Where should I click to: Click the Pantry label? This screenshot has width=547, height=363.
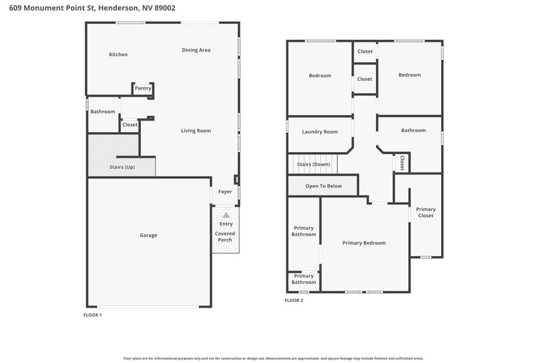coord(143,88)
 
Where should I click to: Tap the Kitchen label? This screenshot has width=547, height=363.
coord(118,55)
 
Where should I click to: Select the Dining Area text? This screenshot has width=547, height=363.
coord(196,50)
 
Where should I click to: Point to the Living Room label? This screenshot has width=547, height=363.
coord(196,131)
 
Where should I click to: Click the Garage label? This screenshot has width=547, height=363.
coord(148,235)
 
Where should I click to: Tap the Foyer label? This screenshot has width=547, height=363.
coord(225,192)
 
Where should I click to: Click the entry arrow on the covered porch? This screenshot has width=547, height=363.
coord(226,215)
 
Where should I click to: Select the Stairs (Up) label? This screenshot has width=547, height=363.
coord(122,167)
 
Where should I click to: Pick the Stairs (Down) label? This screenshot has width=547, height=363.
coord(313,164)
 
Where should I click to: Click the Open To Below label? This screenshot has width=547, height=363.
coord(323,186)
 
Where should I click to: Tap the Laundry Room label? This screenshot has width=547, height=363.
coord(320,132)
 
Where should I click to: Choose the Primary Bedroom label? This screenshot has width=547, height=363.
coord(364,243)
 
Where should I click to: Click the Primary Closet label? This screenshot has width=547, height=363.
coord(426,212)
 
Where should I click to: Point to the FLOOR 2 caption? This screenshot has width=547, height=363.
coord(294,301)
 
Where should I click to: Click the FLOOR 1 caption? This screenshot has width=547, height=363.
coord(92,315)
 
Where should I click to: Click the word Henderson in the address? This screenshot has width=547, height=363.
coord(118,8)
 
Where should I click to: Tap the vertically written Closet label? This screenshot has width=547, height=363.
coord(402,163)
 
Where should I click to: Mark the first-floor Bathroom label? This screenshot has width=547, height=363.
coord(103,112)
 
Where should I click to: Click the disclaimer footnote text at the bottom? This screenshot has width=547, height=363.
coord(273,358)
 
